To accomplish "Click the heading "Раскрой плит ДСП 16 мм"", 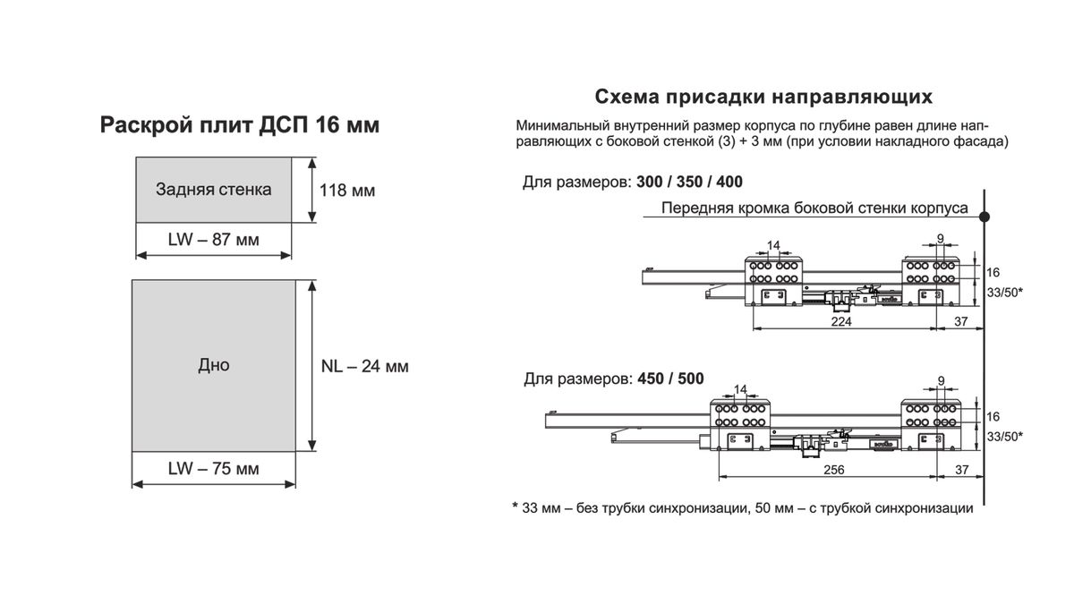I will (x=239, y=125).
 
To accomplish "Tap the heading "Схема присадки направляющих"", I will (x=764, y=96).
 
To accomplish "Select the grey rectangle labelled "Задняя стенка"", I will (x=213, y=190).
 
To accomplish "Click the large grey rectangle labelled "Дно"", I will (x=213, y=365).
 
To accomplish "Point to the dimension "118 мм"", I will (x=347, y=191).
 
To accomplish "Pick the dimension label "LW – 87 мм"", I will (x=213, y=240).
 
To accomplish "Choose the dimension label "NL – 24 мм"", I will (x=364, y=366).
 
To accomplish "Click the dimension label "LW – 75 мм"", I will (x=213, y=468).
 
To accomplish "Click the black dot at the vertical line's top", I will (x=984, y=217).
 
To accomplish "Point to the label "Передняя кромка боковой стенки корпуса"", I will (x=814, y=208).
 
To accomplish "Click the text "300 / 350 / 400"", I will (x=689, y=183).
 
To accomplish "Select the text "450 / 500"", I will (x=670, y=379).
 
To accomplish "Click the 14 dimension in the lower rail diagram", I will (x=739, y=389).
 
